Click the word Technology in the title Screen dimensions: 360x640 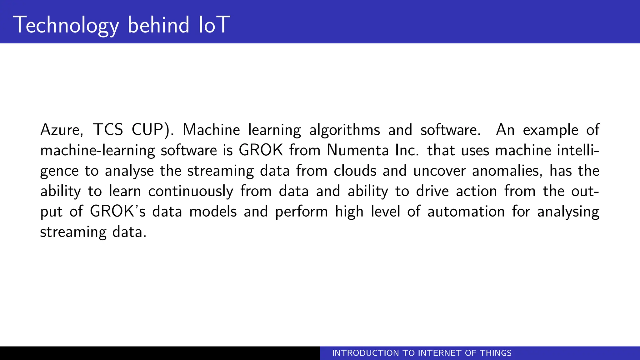coord(66,25)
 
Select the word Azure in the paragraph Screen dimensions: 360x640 coord(61,130)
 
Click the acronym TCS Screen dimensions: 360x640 coord(108,130)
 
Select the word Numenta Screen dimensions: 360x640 coord(357,150)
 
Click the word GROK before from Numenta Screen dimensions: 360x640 coord(261,150)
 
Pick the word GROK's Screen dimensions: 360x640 coord(118,212)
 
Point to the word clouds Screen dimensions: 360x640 coord(355,171)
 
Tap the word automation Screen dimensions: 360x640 coord(466,212)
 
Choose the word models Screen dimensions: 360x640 coord(213,212)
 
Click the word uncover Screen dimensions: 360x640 coord(439,171)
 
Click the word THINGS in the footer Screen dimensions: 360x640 coord(496,353)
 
